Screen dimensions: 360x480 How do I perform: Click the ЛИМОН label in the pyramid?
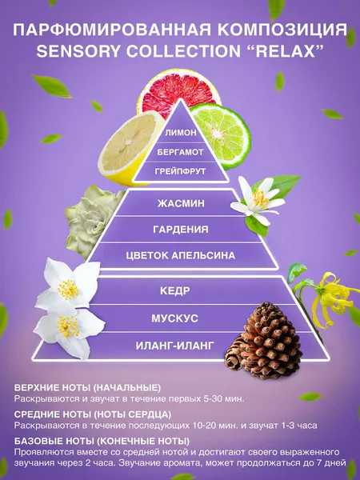tap(181, 133)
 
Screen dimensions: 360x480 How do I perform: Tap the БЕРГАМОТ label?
tap(180, 152)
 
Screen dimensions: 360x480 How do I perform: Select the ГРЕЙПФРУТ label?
tap(180, 171)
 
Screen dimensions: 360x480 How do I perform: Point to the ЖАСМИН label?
tap(181, 203)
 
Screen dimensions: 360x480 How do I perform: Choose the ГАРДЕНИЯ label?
tap(181, 230)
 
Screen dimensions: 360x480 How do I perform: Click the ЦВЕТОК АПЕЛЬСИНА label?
tap(181, 256)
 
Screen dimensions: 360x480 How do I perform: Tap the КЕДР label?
tap(175, 291)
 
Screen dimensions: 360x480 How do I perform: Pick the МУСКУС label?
tap(174, 318)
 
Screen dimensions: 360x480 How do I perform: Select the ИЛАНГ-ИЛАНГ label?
tap(174, 346)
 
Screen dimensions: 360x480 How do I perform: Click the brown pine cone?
tap(263, 341)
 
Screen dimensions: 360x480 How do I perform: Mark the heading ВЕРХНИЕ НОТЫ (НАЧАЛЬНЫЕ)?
tap(87, 387)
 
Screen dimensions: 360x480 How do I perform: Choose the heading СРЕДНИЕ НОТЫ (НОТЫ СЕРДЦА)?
tap(93, 414)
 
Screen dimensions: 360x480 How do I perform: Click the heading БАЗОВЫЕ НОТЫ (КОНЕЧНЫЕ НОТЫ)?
tap(102, 441)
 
